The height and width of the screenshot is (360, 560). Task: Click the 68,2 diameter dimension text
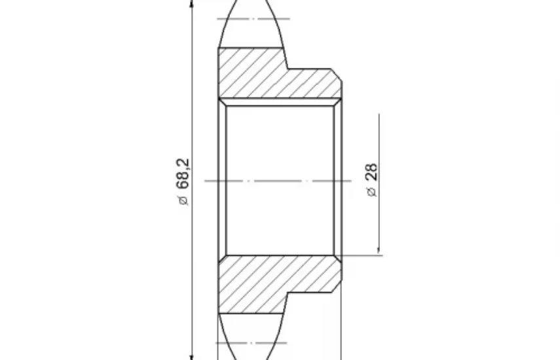[183, 173]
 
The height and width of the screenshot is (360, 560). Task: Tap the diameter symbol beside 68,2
[183, 200]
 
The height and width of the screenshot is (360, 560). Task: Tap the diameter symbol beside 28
[372, 192]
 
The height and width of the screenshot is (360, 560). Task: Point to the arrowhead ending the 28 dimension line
[379, 251]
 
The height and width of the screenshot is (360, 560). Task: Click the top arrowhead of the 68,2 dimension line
[192, 3]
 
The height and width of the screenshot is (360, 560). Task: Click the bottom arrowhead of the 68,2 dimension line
[192, 357]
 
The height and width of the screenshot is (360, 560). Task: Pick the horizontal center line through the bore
[278, 181]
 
